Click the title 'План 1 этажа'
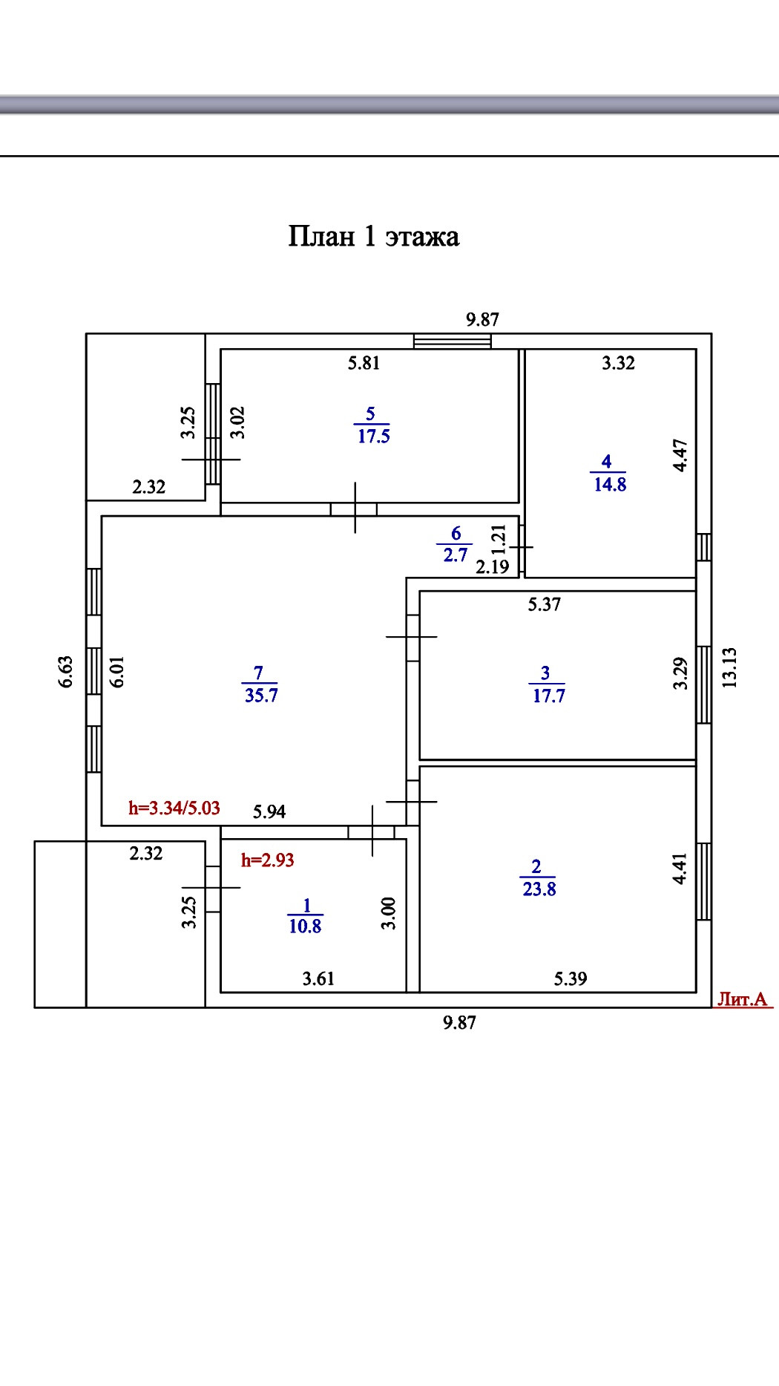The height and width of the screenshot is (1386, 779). tap(373, 237)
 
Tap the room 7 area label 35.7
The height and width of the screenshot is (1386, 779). tap(261, 695)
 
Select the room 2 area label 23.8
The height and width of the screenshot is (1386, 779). tap(539, 889)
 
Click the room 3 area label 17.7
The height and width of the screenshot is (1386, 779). tap(549, 696)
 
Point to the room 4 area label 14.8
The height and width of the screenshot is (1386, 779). tap(610, 484)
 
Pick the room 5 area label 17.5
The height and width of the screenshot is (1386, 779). tap(373, 436)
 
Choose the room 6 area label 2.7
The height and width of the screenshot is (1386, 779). tap(456, 555)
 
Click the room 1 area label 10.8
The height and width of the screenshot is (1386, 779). tap(305, 926)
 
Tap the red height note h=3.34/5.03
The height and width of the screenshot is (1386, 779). tap(174, 808)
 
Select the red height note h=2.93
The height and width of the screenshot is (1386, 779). tap(268, 860)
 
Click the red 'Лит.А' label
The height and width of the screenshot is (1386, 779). tap(743, 999)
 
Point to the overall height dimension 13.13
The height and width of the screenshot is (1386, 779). tap(730, 667)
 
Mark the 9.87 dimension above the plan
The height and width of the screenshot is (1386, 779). tap(482, 320)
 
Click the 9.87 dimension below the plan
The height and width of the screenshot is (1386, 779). tap(459, 1023)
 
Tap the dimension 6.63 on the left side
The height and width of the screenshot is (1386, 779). tap(67, 671)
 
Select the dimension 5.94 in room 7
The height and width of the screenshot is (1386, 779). tap(269, 811)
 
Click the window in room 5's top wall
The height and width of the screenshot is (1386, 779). tap(453, 341)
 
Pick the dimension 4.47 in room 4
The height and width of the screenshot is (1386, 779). tap(680, 456)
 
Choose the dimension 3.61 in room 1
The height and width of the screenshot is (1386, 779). tap(318, 978)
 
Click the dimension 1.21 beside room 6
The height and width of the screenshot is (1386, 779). tap(499, 539)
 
